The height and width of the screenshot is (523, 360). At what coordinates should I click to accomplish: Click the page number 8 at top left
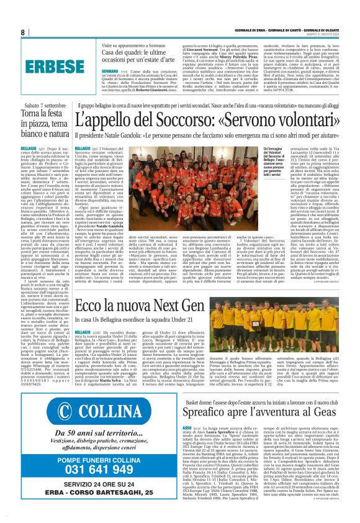[x=22, y=32]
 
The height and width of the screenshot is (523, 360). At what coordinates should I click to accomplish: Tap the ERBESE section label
[x=48, y=66]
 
